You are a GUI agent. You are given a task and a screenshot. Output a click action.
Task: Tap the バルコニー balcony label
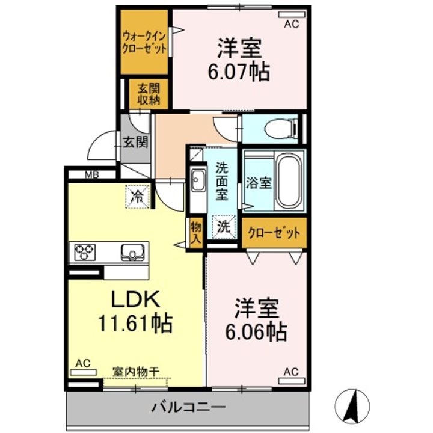[188, 407]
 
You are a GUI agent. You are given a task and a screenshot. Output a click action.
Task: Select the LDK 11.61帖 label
[135, 311]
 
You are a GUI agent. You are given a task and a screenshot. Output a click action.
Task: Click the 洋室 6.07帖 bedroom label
[238, 58]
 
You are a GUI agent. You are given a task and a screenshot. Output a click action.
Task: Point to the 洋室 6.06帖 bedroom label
[256, 319]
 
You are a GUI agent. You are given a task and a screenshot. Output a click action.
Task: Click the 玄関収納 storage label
[147, 94]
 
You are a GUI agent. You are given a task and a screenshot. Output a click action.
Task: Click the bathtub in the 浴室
[289, 180]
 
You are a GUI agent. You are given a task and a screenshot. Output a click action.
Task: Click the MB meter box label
[91, 176]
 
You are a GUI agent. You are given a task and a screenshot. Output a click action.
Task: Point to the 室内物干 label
[135, 372]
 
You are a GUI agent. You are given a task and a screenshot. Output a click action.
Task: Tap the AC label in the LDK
[83, 363]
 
